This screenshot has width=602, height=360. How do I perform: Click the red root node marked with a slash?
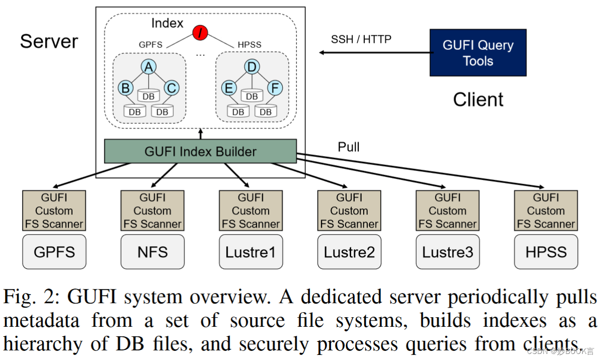point(200,33)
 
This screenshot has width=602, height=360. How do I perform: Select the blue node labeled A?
point(149,66)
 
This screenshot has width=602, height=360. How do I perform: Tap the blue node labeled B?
point(125,88)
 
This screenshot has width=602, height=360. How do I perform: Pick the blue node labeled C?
point(172,88)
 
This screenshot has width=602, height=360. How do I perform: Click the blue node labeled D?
point(252,66)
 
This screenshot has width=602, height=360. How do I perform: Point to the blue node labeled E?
point(229,88)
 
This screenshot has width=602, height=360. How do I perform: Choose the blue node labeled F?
point(275,88)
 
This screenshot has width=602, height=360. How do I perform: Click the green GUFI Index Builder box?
point(200,151)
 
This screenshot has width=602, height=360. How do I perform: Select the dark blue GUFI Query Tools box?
point(478,53)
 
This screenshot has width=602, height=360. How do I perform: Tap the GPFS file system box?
point(54,251)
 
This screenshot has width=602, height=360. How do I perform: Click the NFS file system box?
point(153,251)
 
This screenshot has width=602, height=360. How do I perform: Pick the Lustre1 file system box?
point(250,251)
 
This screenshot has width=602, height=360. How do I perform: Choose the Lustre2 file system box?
point(349,251)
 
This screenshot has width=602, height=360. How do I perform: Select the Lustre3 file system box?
point(447,251)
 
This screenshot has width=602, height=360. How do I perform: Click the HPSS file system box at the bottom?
point(546,251)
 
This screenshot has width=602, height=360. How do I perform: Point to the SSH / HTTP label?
point(361,39)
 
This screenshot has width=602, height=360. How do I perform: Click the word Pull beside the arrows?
point(349,147)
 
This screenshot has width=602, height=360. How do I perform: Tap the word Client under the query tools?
point(478,99)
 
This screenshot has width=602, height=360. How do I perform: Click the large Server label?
point(49,41)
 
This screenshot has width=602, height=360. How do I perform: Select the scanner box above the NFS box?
point(153,210)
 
